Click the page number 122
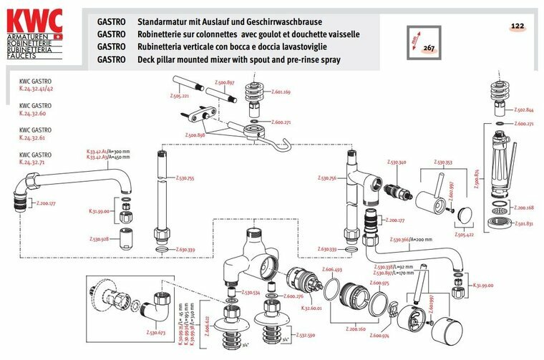(518, 26)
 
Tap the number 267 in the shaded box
(429, 48)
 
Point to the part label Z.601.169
(281, 92)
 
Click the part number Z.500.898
(195, 135)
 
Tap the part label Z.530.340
(397, 163)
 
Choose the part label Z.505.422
(465, 233)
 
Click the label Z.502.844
(525, 110)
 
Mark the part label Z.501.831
(525, 223)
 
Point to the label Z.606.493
(333, 270)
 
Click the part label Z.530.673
(155, 333)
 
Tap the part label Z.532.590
(306, 334)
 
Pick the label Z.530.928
(99, 239)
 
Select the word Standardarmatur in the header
(171, 21)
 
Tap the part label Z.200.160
(356, 329)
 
